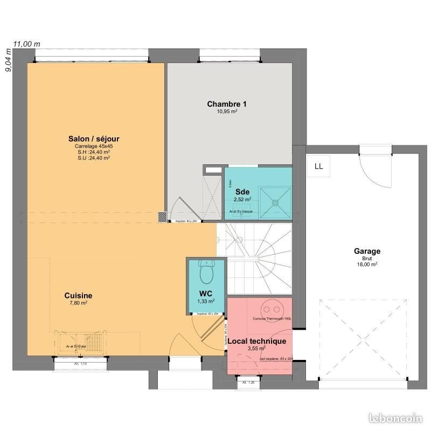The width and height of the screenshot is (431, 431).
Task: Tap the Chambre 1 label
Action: tap(227, 104)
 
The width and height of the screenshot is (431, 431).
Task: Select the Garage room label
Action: tap(367, 251)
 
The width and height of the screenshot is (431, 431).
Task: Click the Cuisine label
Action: tap(78, 295)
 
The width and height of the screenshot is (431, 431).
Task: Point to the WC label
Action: tap(206, 294)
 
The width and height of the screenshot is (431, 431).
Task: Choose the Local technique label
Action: tap(256, 341)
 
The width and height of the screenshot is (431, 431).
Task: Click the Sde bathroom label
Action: tap(242, 191)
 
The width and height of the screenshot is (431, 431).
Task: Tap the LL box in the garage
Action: tap(318, 166)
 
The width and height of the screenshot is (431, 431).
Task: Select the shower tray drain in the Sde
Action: tap(276, 203)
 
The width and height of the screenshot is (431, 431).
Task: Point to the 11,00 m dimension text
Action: tap(27, 44)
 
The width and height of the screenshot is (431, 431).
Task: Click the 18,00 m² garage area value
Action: tap(367, 265)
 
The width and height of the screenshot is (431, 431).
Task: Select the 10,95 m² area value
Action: tap(227, 112)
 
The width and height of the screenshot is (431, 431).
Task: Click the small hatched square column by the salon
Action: tap(162, 217)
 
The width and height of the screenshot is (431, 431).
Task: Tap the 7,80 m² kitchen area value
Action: tap(78, 303)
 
